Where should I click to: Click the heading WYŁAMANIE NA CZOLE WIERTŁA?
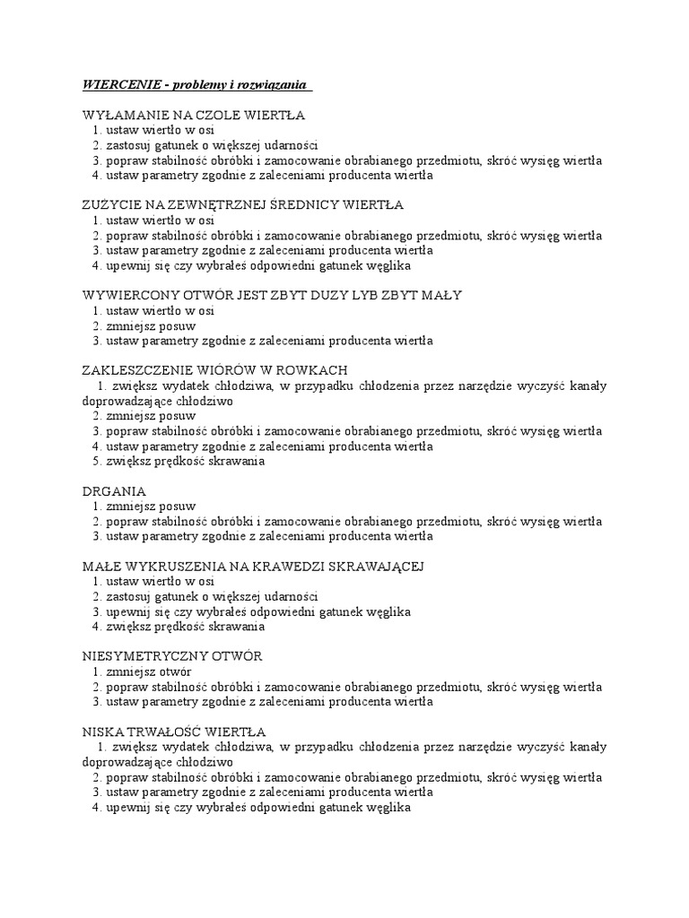click(x=193, y=115)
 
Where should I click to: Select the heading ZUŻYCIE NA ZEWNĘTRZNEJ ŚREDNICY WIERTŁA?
click(x=242, y=205)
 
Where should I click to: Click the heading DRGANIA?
click(x=114, y=491)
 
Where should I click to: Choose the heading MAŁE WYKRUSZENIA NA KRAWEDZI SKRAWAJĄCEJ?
click(x=252, y=567)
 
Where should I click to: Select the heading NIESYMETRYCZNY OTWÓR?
click(x=171, y=656)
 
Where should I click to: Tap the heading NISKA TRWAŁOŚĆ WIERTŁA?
click(x=173, y=732)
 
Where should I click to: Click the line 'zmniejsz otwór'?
click(x=148, y=671)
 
